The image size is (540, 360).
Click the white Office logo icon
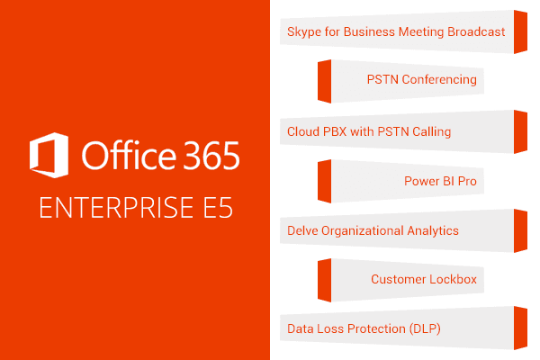[x=50, y=155]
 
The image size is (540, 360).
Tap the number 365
[x=207, y=156]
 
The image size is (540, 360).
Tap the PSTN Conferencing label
[x=421, y=80]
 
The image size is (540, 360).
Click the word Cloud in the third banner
[x=304, y=131]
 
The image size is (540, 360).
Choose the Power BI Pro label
[x=440, y=181]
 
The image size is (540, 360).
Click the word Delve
[x=303, y=230]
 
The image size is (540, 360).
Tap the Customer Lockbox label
[x=423, y=280]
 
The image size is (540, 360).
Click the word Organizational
[x=362, y=231]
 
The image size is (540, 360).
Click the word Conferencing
[x=439, y=80]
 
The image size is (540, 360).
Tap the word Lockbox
[x=454, y=280]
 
